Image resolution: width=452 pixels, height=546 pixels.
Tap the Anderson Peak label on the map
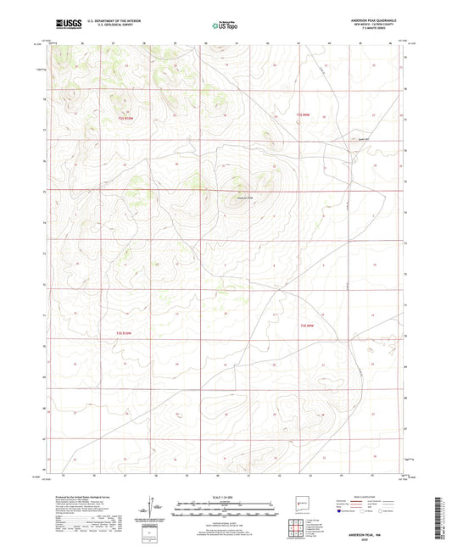243,199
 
